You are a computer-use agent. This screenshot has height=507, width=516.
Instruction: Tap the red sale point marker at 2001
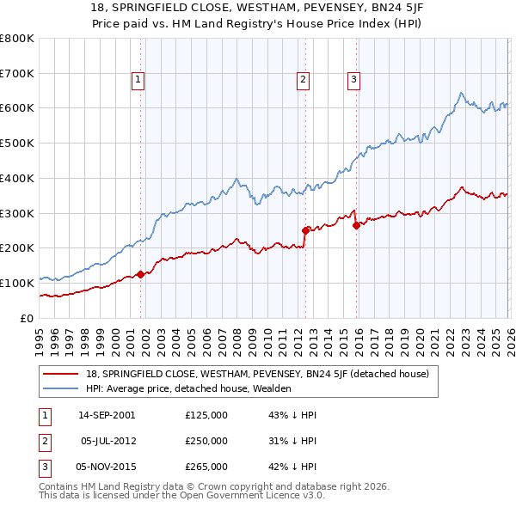click(x=141, y=275)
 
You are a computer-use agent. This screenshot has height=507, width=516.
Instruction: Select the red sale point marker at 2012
click(x=305, y=229)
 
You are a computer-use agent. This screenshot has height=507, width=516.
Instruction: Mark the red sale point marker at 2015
click(x=356, y=225)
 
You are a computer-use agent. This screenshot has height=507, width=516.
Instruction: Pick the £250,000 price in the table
click(x=206, y=441)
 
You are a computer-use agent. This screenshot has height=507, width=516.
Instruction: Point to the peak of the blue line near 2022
click(x=462, y=93)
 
